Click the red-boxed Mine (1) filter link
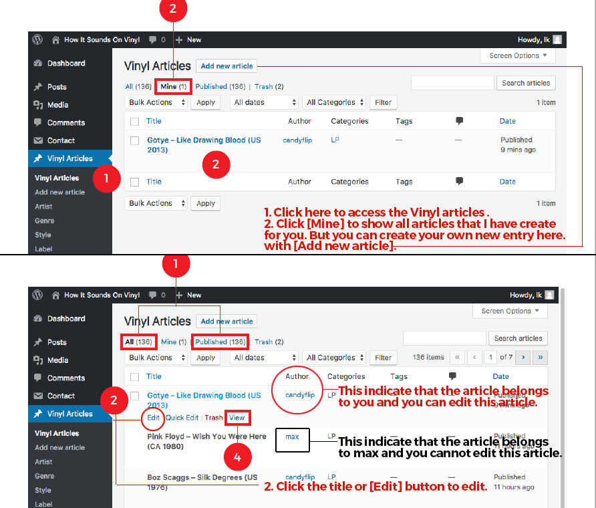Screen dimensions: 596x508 coord(173,87)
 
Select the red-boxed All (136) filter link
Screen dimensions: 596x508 coord(138,342)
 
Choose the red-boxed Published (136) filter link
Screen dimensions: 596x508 coord(220,342)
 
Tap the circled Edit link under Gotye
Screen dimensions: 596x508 coord(153,418)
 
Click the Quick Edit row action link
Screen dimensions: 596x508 coord(182,418)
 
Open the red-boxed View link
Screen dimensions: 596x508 coord(237,418)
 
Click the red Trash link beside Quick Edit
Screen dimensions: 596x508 coord(214,418)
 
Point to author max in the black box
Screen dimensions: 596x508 coord(292,437)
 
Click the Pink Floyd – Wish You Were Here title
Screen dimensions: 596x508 coord(206,441)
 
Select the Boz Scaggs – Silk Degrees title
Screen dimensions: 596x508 coord(202,482)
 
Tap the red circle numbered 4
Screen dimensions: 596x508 coord(237,457)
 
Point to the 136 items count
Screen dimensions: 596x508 coord(428,358)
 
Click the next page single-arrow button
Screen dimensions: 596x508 coord(523,358)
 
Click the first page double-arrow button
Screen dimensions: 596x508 coord(457,358)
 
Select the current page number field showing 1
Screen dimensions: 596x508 coord(490,358)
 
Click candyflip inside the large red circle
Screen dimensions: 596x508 coord(300,395)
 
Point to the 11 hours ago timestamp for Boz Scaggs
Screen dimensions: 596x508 coord(514,487)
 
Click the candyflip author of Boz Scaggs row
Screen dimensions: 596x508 coord(300,477)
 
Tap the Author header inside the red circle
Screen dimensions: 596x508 coord(297,376)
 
